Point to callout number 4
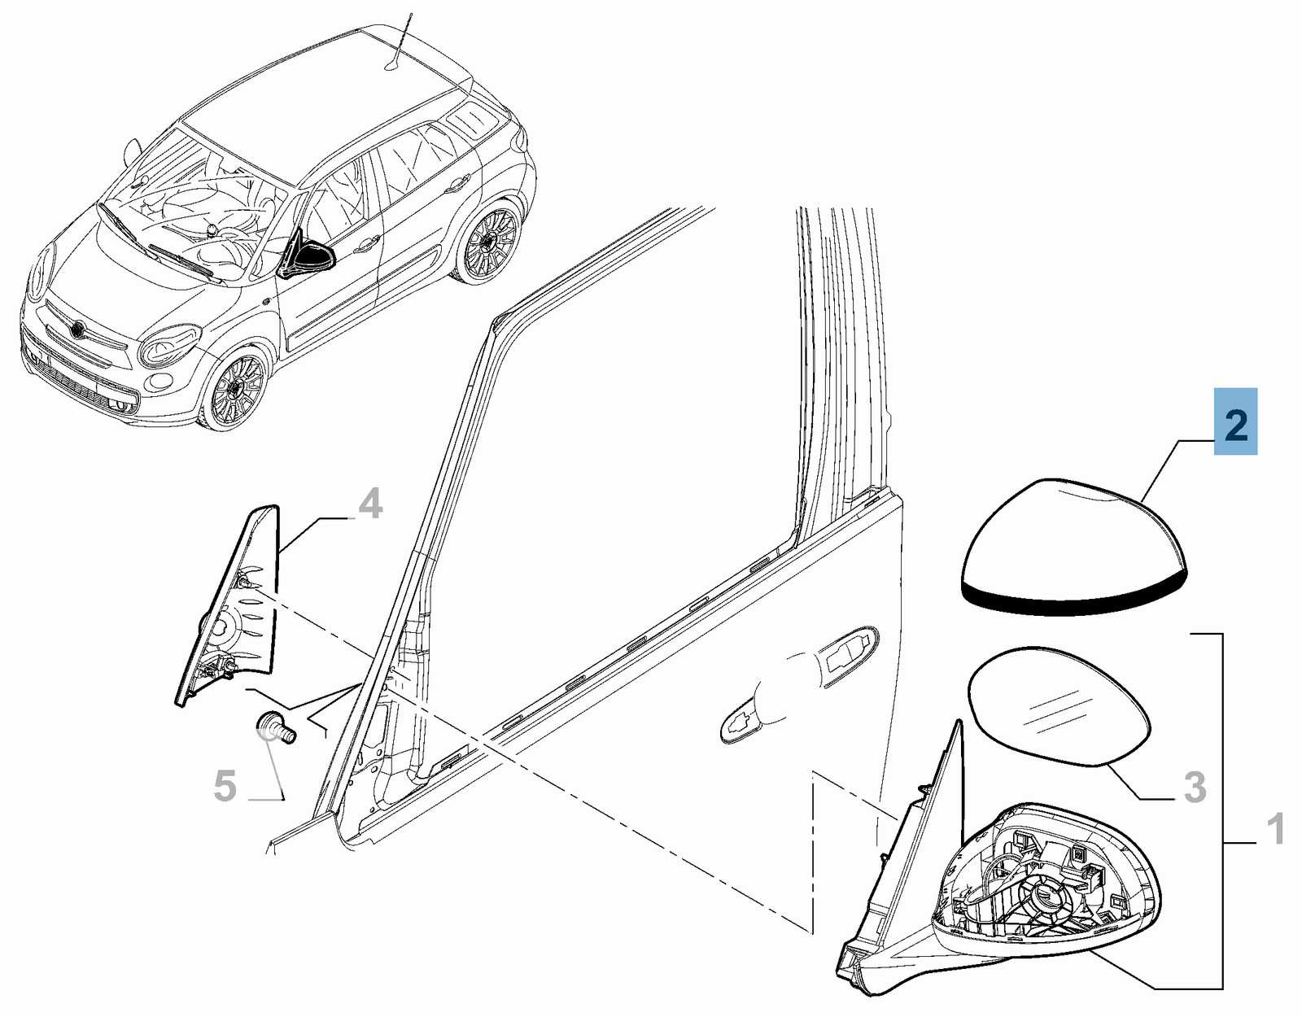(369, 504)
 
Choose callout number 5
(225, 786)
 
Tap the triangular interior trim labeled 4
(228, 605)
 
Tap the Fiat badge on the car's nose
(78, 327)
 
